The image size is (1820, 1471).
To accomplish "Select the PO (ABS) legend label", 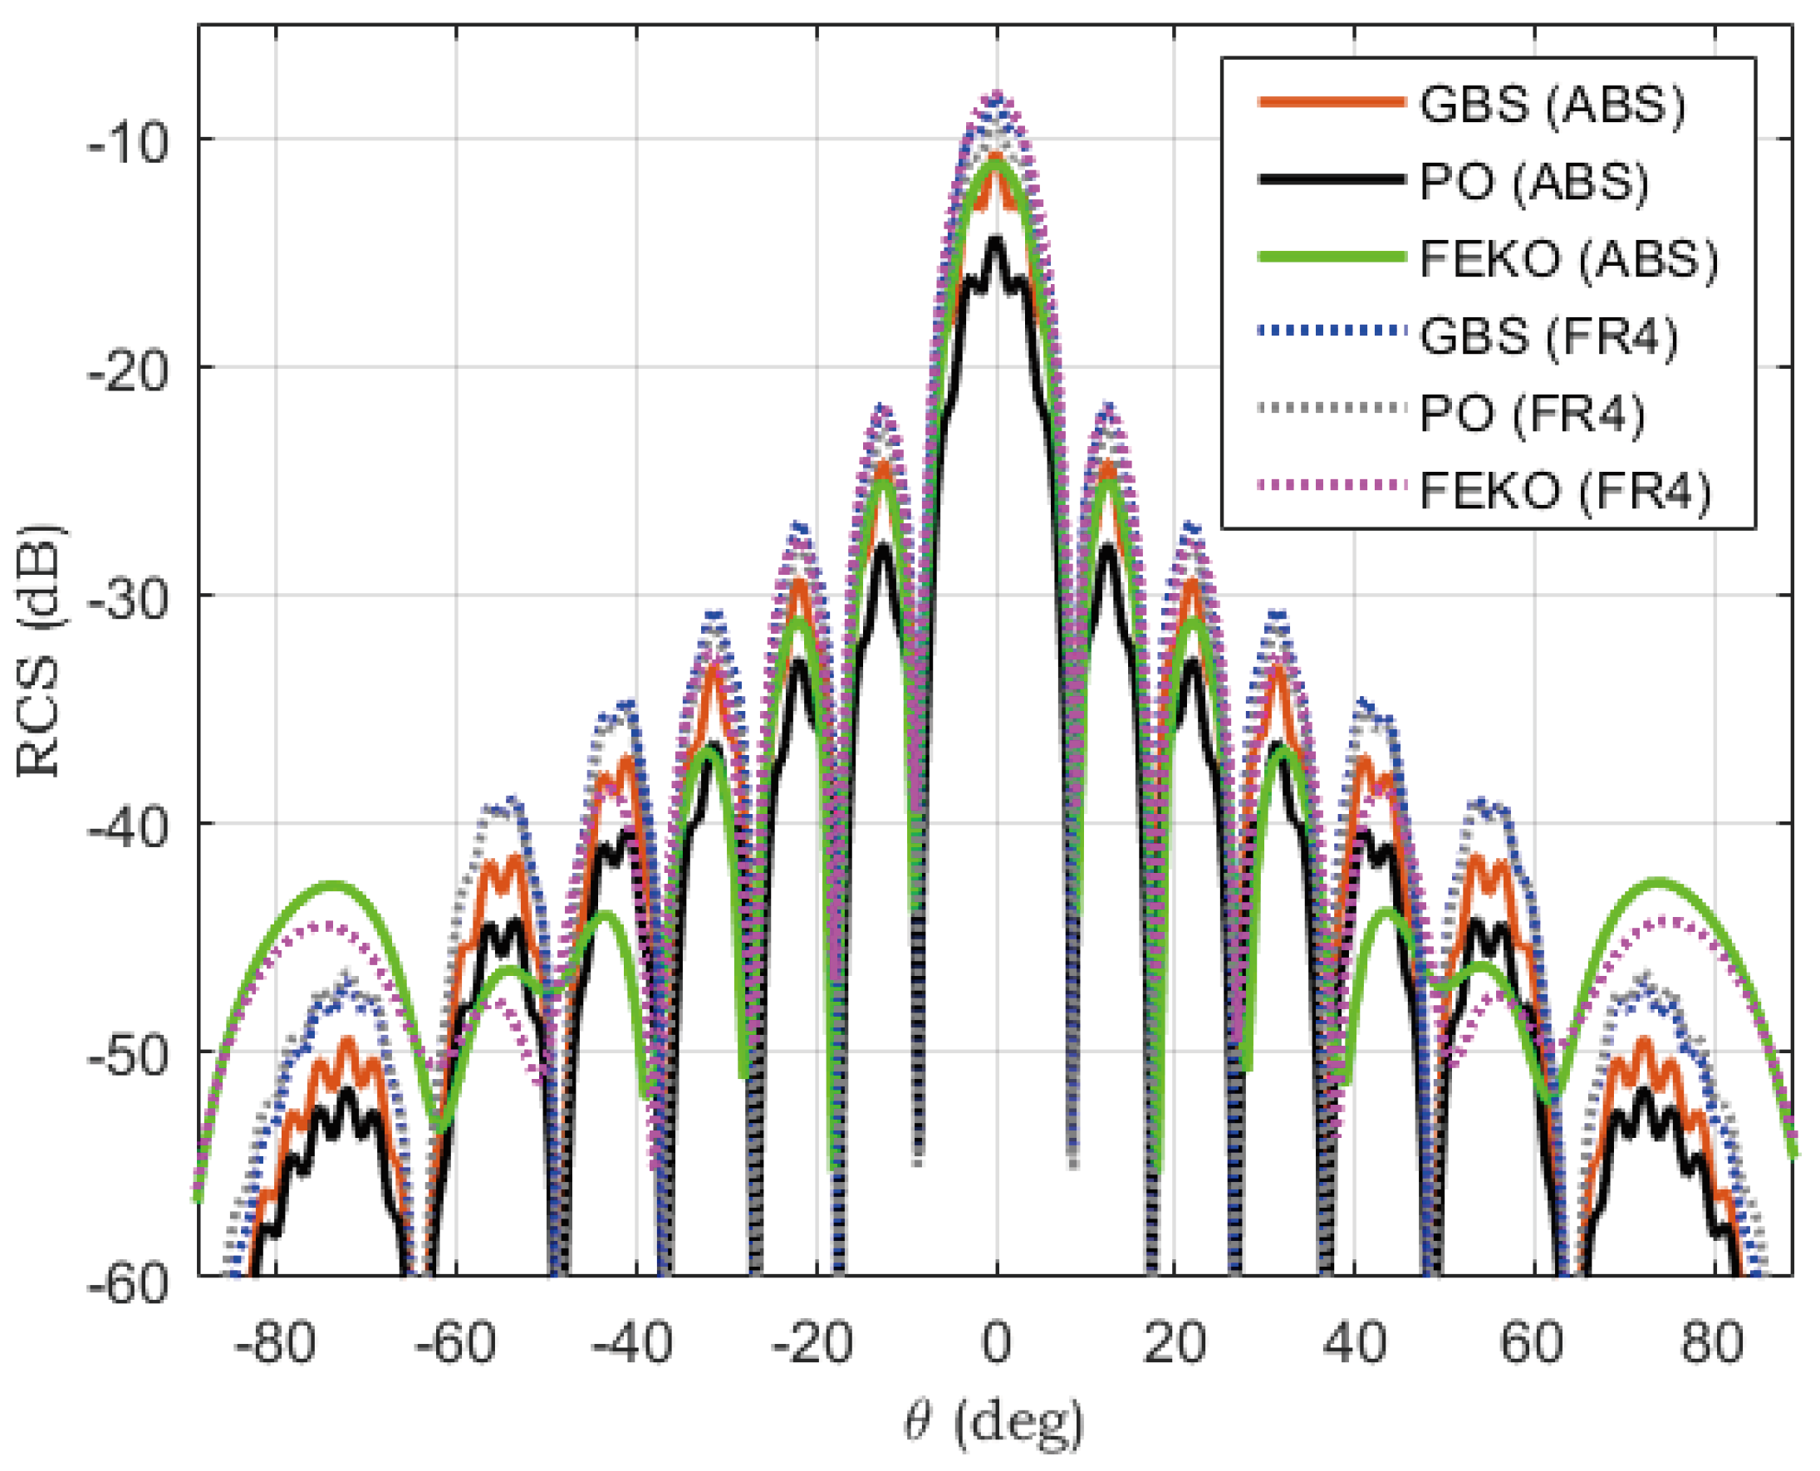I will point(1533,181).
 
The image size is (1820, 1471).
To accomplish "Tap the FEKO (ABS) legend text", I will point(1568,258).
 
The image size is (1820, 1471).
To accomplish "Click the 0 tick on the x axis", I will point(997,1343).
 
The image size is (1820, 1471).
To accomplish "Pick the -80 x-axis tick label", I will point(276,1343).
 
